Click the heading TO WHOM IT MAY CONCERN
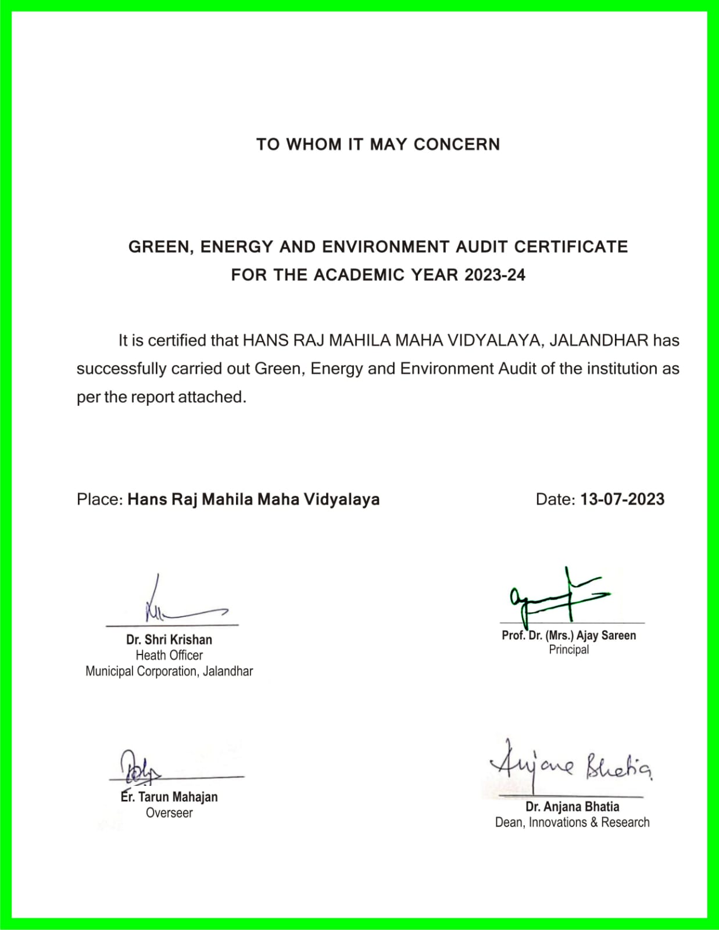pyautogui.click(x=378, y=144)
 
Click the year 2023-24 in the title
pyautogui.click(x=495, y=275)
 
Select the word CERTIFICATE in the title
pyautogui.click(x=571, y=247)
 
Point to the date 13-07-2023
pyautogui.click(x=622, y=499)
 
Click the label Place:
pyautogui.click(x=99, y=499)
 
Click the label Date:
pyautogui.click(x=555, y=499)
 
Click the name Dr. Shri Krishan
pyautogui.click(x=169, y=639)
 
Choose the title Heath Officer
pyautogui.click(x=169, y=655)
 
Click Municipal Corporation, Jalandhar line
pyautogui.click(x=169, y=671)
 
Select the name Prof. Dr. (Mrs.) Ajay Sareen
pyautogui.click(x=568, y=635)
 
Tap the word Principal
pyautogui.click(x=568, y=650)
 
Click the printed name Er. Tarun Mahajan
pyautogui.click(x=169, y=797)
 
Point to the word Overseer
pyautogui.click(x=169, y=813)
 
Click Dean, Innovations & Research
pyautogui.click(x=572, y=822)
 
